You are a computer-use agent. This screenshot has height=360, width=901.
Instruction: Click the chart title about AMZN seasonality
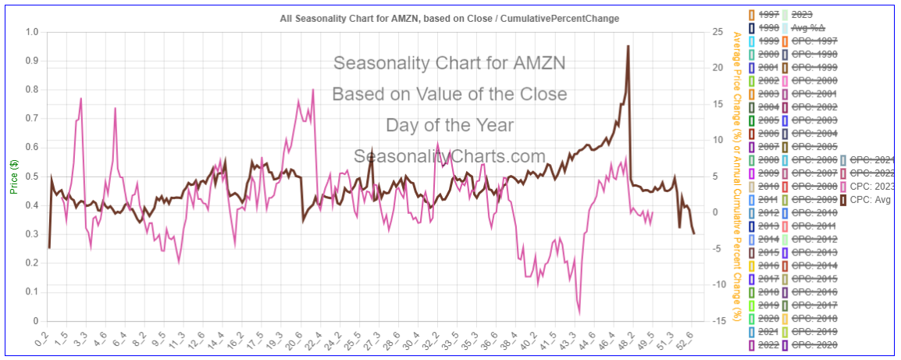pyautogui.click(x=450, y=18)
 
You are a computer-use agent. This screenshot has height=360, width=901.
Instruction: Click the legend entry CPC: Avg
pyautogui.click(x=869, y=200)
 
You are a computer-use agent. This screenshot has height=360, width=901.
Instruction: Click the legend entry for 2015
pyautogui.click(x=767, y=252)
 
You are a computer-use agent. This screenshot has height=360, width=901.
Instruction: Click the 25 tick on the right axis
pyautogui.click(x=716, y=32)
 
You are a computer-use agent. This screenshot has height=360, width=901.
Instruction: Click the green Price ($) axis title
pyautogui.click(x=13, y=176)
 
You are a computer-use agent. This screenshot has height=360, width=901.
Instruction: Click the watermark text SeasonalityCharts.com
pyautogui.click(x=450, y=156)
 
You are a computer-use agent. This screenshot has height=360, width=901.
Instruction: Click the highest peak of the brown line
pyautogui.click(x=628, y=46)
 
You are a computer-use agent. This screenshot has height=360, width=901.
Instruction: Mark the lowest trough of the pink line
pyautogui.click(x=579, y=313)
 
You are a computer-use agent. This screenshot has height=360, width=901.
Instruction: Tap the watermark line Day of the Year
pyautogui.click(x=450, y=125)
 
